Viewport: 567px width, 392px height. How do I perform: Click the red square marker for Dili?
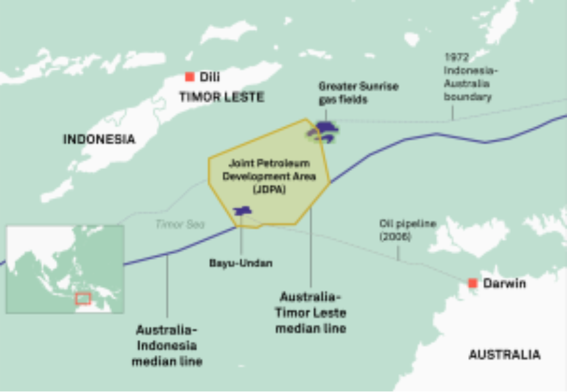pyautogui.click(x=189, y=77)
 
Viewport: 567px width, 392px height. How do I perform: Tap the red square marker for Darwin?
pyautogui.click(x=472, y=283)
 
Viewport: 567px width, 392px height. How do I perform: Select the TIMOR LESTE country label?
pyautogui.click(x=222, y=97)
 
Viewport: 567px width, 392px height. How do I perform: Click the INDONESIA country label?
pyautogui.click(x=99, y=139)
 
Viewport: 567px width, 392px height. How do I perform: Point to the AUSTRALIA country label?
pyautogui.click(x=504, y=355)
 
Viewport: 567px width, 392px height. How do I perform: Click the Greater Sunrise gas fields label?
pyautogui.click(x=358, y=92)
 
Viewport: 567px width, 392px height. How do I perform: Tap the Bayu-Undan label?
pyautogui.click(x=241, y=263)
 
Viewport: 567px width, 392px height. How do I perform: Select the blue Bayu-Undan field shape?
pyautogui.click(x=242, y=211)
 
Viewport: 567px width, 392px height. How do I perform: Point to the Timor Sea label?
pyautogui.click(x=180, y=224)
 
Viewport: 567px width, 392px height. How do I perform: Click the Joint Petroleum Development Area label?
pyautogui.click(x=269, y=176)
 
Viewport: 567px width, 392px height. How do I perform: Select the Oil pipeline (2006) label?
pyautogui.click(x=407, y=230)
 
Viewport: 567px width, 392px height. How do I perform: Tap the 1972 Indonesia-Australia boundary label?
pyautogui.click(x=467, y=77)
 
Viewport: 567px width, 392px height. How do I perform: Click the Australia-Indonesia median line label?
pyautogui.click(x=167, y=344)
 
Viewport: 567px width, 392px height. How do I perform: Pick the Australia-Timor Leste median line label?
pyautogui.click(x=311, y=312)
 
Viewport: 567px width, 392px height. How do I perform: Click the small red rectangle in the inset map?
pyautogui.click(x=82, y=299)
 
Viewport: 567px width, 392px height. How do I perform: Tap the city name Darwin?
pyautogui.click(x=504, y=283)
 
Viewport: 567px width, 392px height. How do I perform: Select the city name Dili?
pyautogui.click(x=209, y=77)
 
